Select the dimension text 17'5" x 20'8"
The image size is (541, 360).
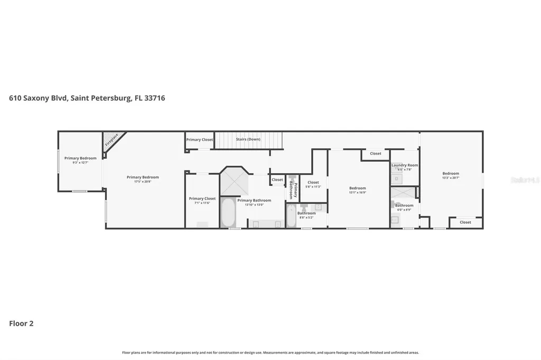tap(143, 182)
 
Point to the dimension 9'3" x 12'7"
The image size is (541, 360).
tap(80, 163)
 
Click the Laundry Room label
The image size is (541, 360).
tap(405, 165)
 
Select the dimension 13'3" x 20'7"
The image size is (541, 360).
tap(451, 178)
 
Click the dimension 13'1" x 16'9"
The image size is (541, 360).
tap(358, 193)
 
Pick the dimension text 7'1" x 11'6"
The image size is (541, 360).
tap(202, 203)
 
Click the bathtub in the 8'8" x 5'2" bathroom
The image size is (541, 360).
tap(291, 215)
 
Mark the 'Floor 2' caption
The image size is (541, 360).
tap(21, 324)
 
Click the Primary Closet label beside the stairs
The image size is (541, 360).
tap(200, 140)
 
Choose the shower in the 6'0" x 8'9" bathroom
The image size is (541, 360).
tap(404, 192)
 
